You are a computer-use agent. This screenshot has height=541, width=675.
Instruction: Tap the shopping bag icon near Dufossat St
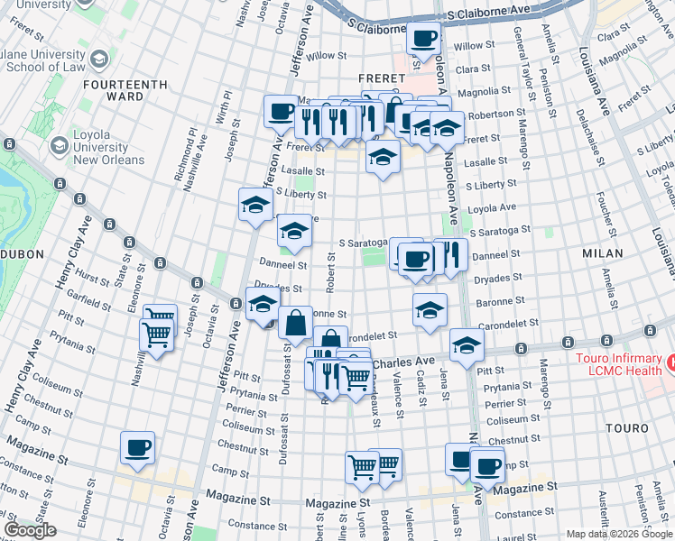[x=296, y=322]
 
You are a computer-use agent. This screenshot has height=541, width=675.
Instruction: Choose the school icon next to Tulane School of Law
[x=98, y=59]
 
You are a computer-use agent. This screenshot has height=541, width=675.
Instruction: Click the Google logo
[x=30, y=530]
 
